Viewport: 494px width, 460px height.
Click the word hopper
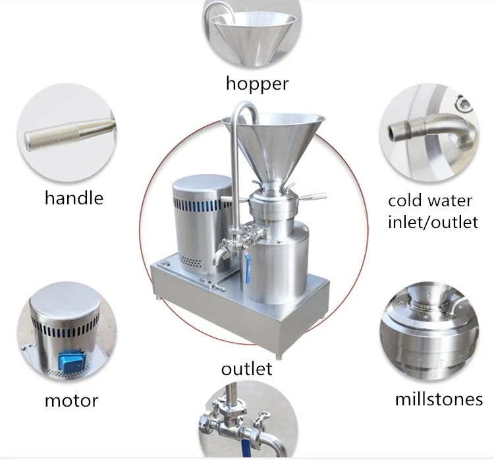tap(257, 84)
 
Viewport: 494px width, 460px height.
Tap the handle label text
tap(74, 198)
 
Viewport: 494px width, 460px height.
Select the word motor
tap(72, 401)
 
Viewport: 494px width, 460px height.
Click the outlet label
tap(247, 368)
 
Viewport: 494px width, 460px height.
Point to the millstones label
tap(439, 399)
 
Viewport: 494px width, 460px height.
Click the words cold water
tap(430, 201)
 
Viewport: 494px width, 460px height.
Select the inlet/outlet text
tap(433, 221)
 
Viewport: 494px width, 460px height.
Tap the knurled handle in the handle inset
tap(70, 134)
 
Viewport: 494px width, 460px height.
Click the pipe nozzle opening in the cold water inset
tap(393, 131)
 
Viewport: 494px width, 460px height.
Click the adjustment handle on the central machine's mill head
tap(313, 197)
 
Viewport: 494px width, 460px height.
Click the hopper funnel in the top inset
tap(253, 37)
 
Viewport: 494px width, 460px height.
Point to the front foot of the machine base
tap(279, 357)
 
